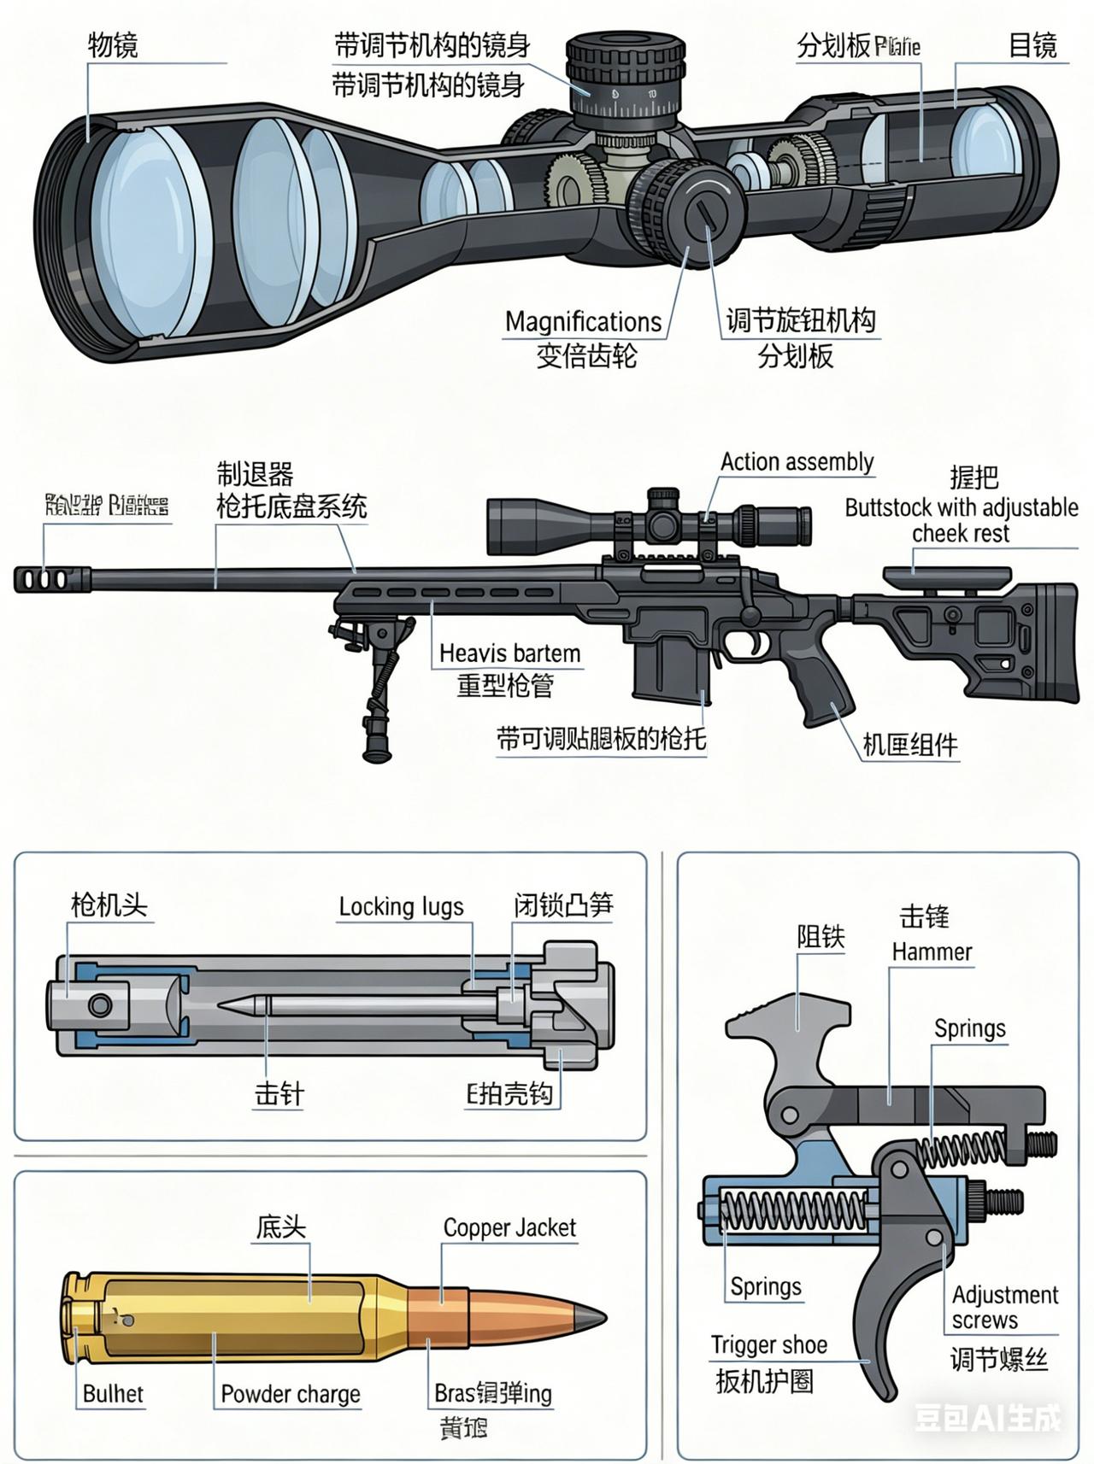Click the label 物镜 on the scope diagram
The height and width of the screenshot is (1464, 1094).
(x=112, y=45)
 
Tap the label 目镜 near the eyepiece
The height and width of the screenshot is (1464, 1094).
(x=1032, y=45)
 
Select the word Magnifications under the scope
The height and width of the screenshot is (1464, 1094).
(x=583, y=322)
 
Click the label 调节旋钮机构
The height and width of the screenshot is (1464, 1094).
(x=800, y=321)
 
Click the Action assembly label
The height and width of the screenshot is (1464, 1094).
(x=797, y=462)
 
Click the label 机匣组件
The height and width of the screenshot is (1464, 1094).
(x=909, y=745)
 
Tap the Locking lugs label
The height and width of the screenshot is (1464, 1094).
(x=401, y=906)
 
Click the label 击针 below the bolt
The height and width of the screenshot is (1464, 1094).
(x=279, y=1094)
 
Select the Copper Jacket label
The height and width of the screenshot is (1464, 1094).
(x=509, y=1228)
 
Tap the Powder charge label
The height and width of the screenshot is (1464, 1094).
(x=291, y=1394)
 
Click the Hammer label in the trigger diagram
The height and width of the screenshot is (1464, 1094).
(x=932, y=952)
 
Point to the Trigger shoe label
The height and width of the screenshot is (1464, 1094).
(x=769, y=1345)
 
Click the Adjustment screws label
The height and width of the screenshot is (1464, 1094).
(x=1004, y=1307)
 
